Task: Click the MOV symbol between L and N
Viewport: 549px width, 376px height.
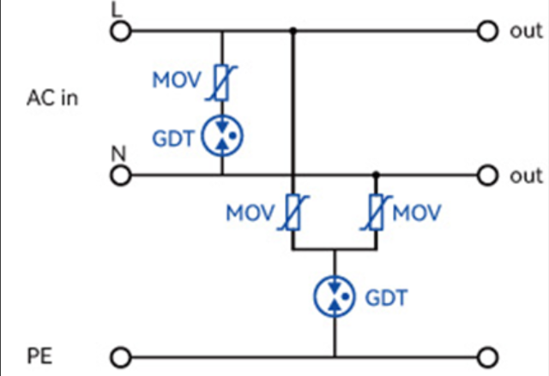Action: [x=221, y=83]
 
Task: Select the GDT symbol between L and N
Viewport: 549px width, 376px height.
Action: [x=222, y=135]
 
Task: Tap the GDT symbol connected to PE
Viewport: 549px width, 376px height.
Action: [x=335, y=296]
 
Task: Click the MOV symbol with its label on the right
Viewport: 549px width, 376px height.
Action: [x=376, y=212]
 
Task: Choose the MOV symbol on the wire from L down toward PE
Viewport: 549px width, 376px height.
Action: [x=293, y=212]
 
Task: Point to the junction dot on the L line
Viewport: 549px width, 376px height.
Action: [x=293, y=31]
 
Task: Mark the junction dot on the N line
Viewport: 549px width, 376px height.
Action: [x=376, y=175]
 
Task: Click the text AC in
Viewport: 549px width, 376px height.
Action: [x=52, y=98]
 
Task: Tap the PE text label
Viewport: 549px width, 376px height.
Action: [x=39, y=356]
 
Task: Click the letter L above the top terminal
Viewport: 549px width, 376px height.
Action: [x=117, y=9]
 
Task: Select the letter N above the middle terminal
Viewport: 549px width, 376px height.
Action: [x=118, y=153]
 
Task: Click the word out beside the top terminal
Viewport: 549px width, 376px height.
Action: [x=526, y=31]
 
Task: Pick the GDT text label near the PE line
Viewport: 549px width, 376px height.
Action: [x=386, y=298]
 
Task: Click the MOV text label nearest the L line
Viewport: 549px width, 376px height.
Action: [x=177, y=80]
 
